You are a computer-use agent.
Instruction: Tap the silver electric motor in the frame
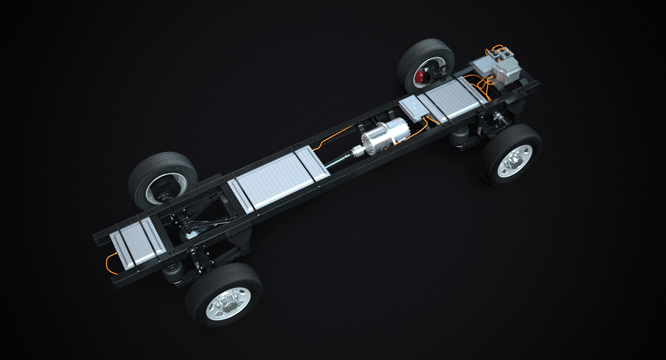[x=385, y=134]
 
